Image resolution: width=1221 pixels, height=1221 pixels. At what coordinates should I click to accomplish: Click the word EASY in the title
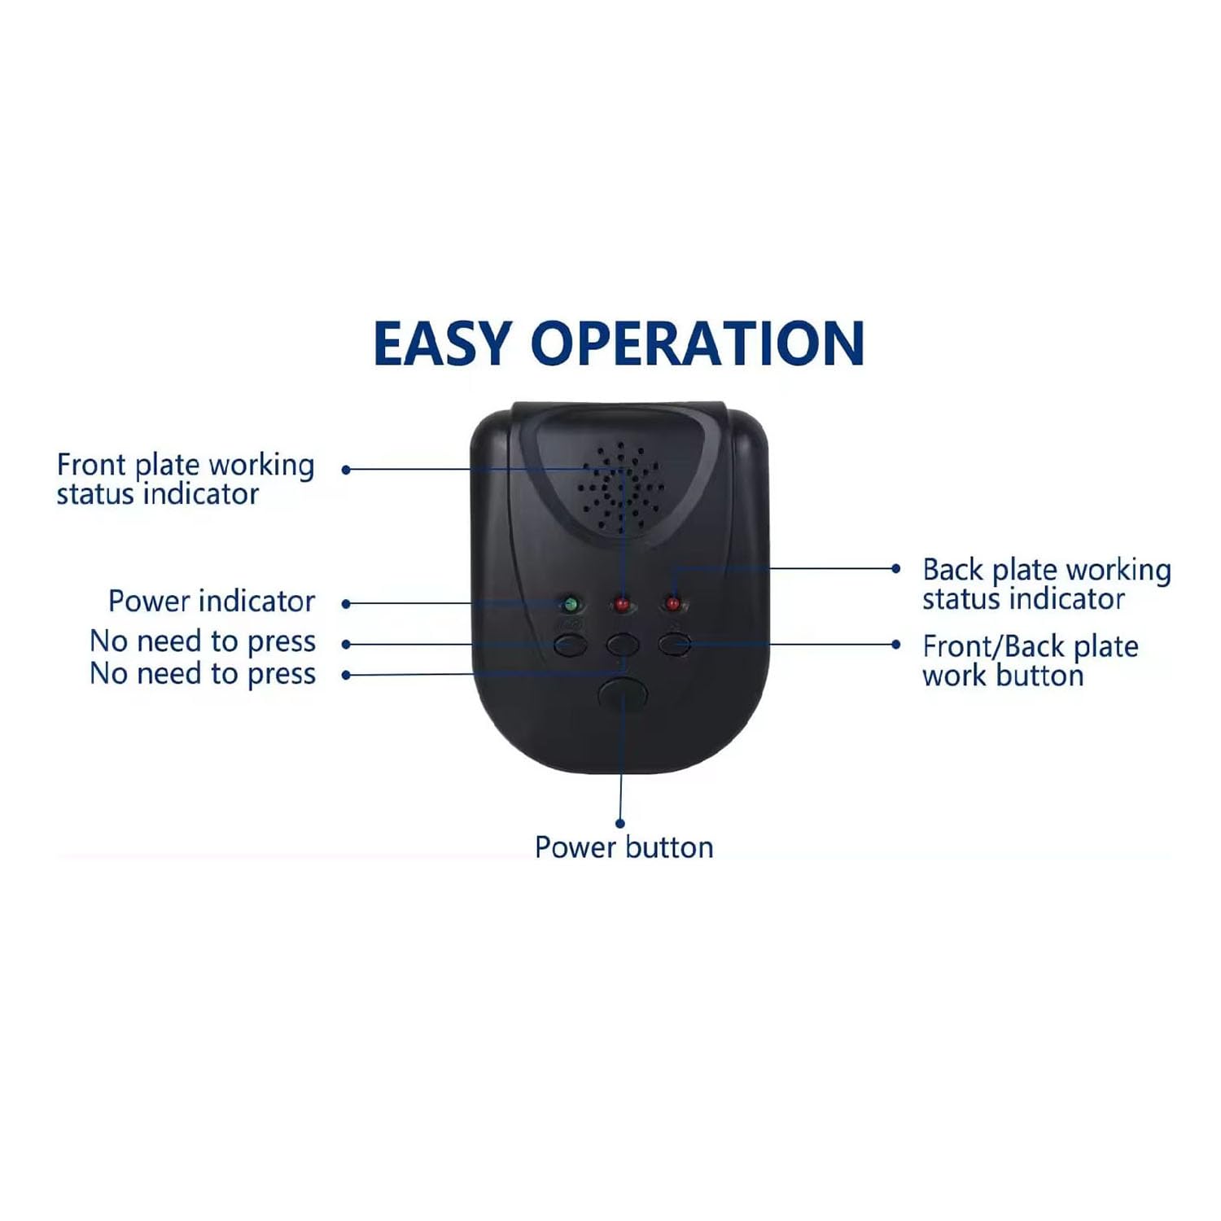(442, 344)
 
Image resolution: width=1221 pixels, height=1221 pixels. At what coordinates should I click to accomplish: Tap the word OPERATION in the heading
(698, 344)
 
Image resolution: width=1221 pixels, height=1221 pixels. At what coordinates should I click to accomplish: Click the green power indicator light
(571, 605)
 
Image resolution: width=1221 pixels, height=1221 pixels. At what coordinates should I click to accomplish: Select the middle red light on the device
(622, 605)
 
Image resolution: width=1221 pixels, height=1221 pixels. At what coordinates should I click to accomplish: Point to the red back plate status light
(672, 604)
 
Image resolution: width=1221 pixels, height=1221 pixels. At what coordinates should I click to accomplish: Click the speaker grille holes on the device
(621, 488)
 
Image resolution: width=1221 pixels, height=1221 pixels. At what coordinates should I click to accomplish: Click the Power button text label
(624, 847)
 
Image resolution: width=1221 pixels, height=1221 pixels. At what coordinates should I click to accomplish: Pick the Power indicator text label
(212, 602)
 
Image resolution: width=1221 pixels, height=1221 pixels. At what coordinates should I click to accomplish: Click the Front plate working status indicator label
(186, 479)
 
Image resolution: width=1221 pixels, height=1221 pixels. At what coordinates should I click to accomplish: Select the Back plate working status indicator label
(1047, 584)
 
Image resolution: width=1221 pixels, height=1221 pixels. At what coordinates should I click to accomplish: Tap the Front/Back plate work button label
(1031, 660)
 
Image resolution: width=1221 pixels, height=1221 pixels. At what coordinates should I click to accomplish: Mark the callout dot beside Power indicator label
(346, 604)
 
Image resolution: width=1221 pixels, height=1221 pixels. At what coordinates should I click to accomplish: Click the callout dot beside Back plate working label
(896, 569)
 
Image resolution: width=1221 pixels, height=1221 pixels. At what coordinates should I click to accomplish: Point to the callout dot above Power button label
(620, 824)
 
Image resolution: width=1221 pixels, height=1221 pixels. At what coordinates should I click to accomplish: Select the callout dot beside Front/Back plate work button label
(896, 645)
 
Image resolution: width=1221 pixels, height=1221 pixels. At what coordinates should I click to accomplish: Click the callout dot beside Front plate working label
(346, 470)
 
